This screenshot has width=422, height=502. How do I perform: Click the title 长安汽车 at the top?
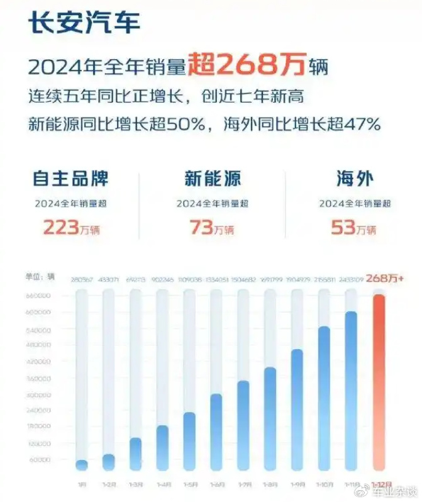tap(84, 23)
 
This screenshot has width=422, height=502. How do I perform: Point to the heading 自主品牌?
tap(70, 178)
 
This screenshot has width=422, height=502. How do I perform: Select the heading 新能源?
tap(213, 178)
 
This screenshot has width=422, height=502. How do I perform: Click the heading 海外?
tap(354, 178)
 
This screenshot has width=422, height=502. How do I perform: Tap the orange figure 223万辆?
tap(70, 227)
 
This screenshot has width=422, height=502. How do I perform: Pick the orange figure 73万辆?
tap(213, 227)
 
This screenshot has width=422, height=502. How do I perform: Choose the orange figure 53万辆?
tap(354, 227)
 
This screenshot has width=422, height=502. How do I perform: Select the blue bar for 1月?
tap(82, 465)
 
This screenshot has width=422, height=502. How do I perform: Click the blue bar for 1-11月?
tap(352, 390)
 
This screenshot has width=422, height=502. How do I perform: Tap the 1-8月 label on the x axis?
tap(270, 484)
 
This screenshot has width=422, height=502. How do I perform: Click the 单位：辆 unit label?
tap(42, 277)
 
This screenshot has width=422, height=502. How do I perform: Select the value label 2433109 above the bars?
tap(351, 280)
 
